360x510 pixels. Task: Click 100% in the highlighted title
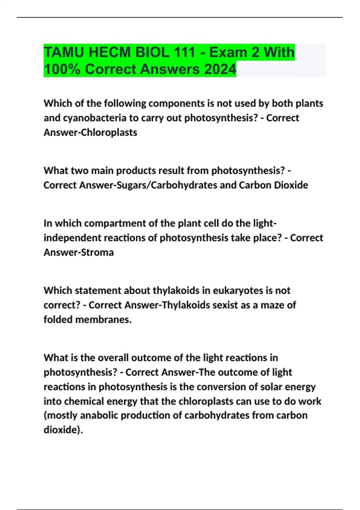click(61, 69)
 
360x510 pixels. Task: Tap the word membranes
click(103, 319)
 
